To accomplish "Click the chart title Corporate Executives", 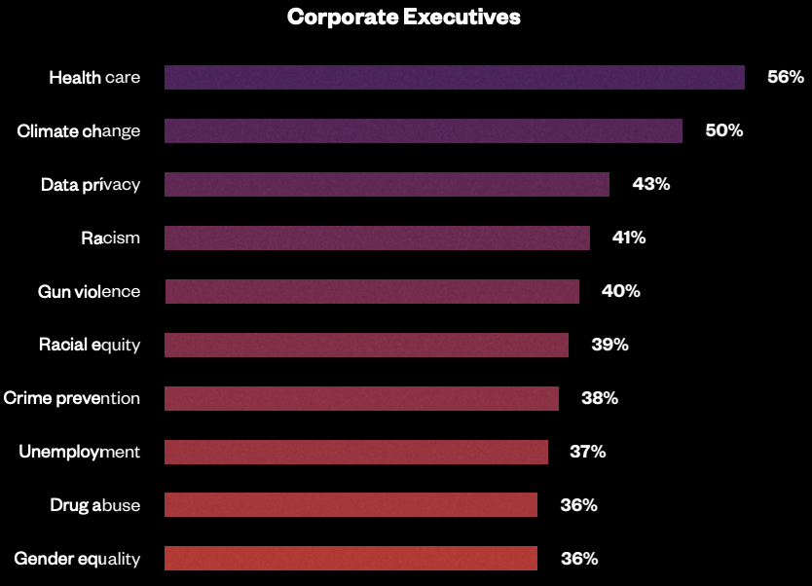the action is (404, 18).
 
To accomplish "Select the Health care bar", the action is (455, 77).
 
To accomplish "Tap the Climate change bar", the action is (424, 131).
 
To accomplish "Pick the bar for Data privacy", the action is (387, 184).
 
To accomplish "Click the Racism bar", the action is (377, 238).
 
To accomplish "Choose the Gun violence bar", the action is (372, 291).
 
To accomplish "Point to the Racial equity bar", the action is (367, 345).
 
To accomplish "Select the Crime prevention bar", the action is (361, 398).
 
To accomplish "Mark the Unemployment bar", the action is (356, 452).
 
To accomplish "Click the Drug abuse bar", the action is (351, 505).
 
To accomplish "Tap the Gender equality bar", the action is (351, 558).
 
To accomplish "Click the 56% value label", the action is (786, 77).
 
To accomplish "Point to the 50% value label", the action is (724, 130).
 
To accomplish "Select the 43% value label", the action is (651, 184).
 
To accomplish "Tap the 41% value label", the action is (629, 238).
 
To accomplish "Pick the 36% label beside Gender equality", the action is (579, 559).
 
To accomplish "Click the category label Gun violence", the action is (89, 291).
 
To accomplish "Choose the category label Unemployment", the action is (79, 452).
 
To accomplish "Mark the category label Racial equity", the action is (90, 345).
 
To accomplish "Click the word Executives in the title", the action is (461, 18).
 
